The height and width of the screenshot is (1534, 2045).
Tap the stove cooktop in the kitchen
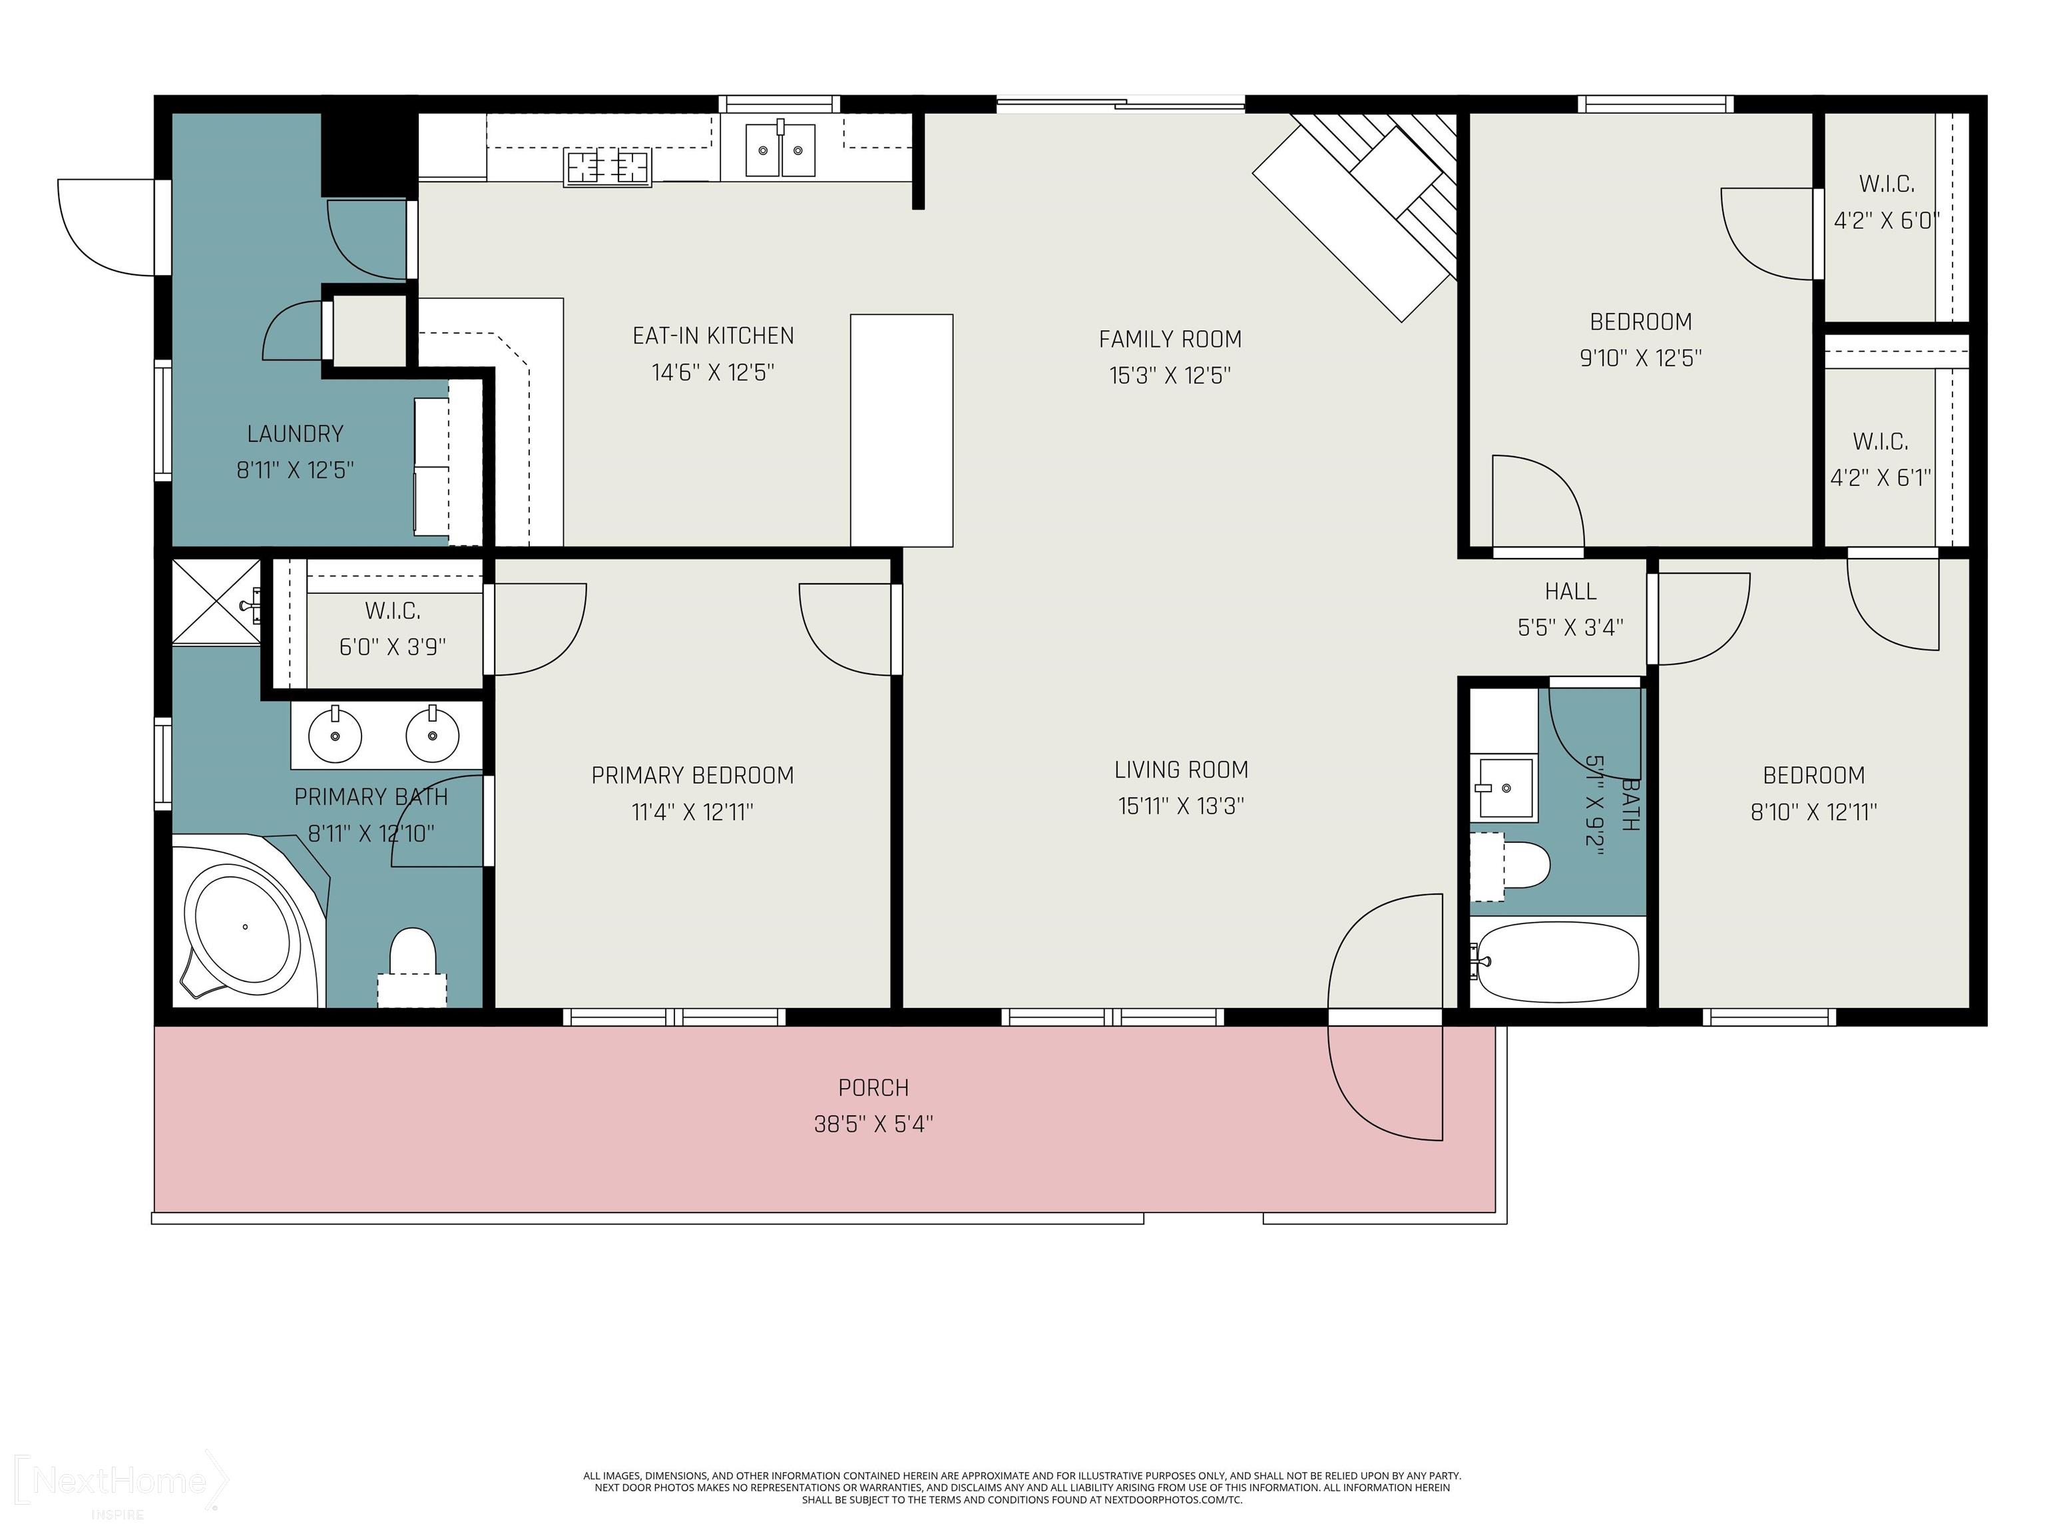(607, 167)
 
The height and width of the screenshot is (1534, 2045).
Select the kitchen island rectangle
(901, 430)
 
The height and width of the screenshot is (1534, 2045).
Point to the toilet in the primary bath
(412, 966)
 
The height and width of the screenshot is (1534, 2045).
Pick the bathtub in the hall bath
(1558, 961)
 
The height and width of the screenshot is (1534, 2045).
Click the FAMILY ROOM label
(1170, 340)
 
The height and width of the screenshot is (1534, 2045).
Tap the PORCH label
(873, 1087)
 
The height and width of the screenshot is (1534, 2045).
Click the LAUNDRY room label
(295, 433)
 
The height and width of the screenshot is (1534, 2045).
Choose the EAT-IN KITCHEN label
(713, 336)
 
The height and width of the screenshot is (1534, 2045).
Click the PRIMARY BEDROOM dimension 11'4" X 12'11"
(692, 812)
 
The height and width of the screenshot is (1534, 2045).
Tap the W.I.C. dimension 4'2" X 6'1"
(1881, 477)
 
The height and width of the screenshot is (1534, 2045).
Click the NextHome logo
(121, 1482)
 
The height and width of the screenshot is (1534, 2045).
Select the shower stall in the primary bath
(216, 601)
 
